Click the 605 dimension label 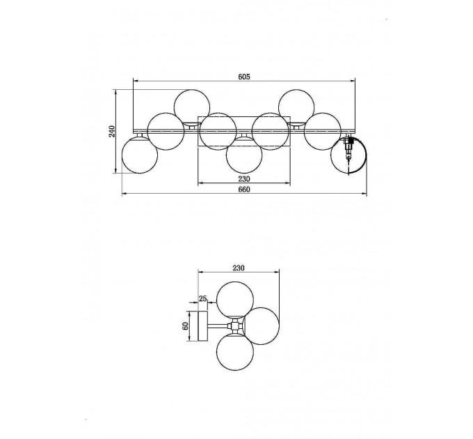(244, 77)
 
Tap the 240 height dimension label (111, 132)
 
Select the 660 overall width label (244, 190)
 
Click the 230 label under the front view (244, 179)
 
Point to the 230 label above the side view (239, 268)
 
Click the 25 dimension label (202, 299)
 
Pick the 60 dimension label (186, 325)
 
